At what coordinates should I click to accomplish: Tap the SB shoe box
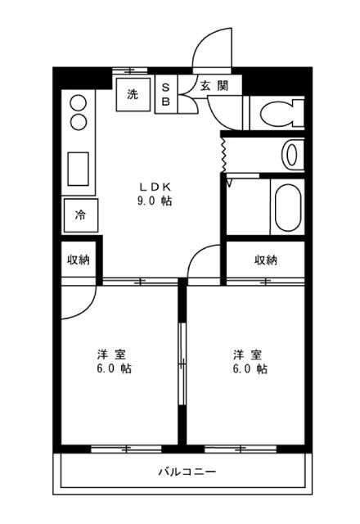pyautogui.click(x=166, y=94)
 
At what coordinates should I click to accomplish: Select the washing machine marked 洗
pyautogui.click(x=133, y=95)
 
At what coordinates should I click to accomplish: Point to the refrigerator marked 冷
pyautogui.click(x=81, y=215)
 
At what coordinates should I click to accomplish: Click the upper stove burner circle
pyautogui.click(x=79, y=102)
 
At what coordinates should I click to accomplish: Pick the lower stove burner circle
pyautogui.click(x=79, y=122)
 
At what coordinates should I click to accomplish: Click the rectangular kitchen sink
pyautogui.click(x=79, y=169)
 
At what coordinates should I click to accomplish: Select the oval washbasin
pyautogui.click(x=291, y=156)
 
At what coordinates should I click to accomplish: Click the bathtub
pyautogui.click(x=287, y=207)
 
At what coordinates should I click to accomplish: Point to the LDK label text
pyautogui.click(x=155, y=187)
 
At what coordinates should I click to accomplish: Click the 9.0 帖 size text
pyautogui.click(x=155, y=201)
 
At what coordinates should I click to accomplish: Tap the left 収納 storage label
pyautogui.click(x=79, y=260)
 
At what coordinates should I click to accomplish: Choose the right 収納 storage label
pyautogui.click(x=266, y=260)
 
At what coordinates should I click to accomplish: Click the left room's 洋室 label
pyautogui.click(x=112, y=355)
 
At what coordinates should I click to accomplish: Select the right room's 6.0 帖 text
pyautogui.click(x=250, y=368)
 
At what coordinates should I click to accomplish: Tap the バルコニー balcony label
pyautogui.click(x=187, y=472)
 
